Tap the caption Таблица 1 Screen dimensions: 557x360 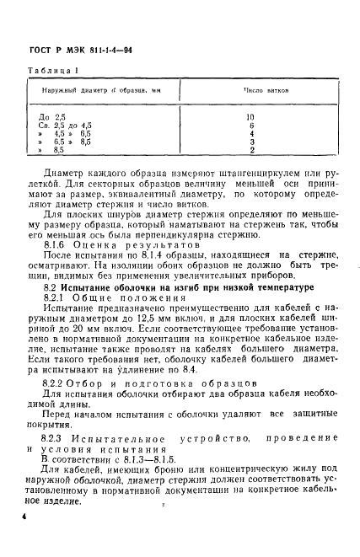pyautogui.click(x=53, y=71)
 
